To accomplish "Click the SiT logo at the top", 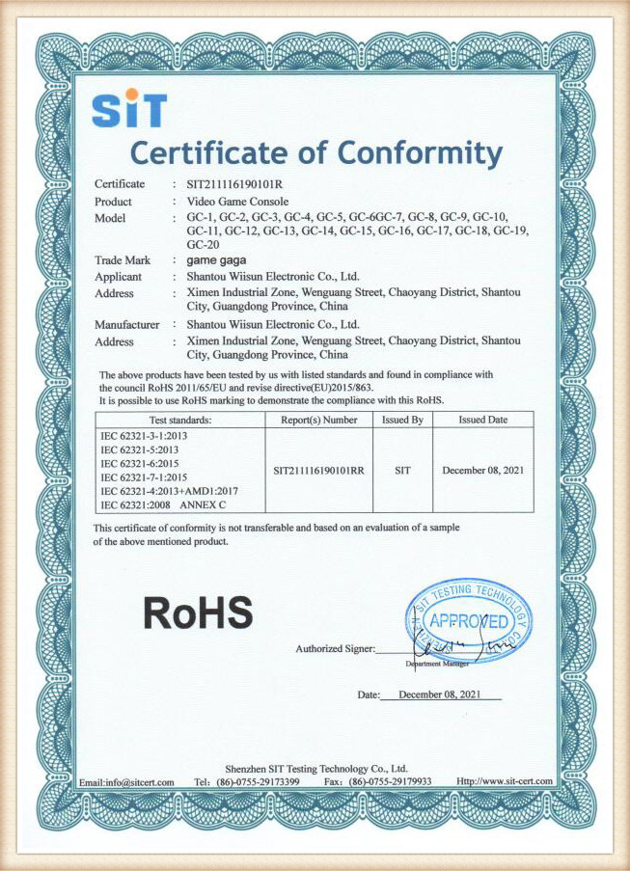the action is [x=129, y=109].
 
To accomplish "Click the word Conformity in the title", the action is [x=420, y=153].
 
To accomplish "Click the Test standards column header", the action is [x=180, y=421].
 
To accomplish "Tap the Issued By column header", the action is [x=402, y=421].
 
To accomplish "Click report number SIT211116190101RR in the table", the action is [x=319, y=471].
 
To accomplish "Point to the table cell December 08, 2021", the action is [x=483, y=471].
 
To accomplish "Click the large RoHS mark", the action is [x=199, y=612].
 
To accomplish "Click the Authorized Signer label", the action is [x=334, y=648].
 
